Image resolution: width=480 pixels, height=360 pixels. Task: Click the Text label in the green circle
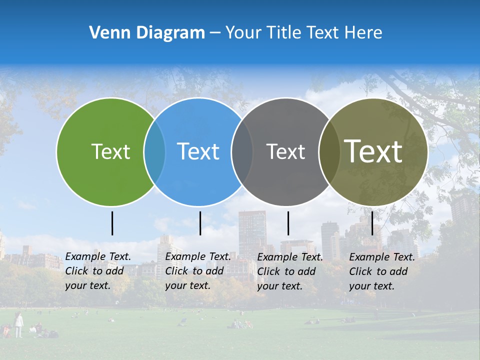point(110,151)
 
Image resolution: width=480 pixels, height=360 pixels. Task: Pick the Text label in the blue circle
point(198,151)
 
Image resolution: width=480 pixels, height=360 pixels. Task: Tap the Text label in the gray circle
point(285,151)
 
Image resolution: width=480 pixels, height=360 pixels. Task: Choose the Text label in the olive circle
point(373,151)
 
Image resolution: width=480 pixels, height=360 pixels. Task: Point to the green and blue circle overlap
point(154,151)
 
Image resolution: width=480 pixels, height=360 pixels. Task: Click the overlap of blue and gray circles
point(242,151)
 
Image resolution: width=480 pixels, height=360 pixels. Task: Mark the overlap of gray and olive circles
point(328,151)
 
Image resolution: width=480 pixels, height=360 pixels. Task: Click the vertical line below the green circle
point(112,223)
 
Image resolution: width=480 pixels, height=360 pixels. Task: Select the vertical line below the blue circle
point(200,223)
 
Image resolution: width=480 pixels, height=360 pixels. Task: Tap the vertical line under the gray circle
point(288,223)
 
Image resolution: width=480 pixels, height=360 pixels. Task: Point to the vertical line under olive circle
point(372,223)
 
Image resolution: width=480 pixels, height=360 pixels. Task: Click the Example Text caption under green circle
point(98,271)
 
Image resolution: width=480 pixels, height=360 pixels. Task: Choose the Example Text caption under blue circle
point(198,271)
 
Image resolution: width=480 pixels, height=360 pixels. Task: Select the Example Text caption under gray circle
point(290,271)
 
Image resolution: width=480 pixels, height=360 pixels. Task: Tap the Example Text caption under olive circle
point(382,271)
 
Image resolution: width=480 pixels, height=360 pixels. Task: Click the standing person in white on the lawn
point(18,324)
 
